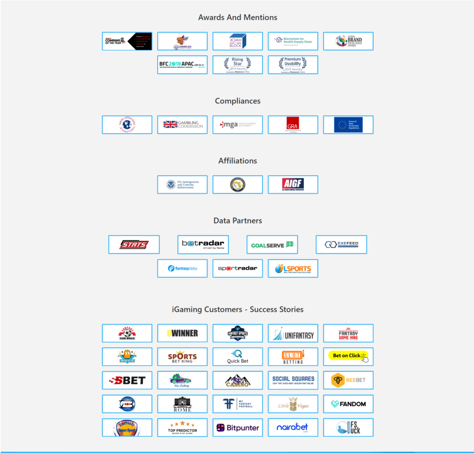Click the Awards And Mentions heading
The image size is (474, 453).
237,18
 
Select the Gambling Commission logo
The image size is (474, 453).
182,125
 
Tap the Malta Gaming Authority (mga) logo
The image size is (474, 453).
237,125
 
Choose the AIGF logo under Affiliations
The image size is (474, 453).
293,185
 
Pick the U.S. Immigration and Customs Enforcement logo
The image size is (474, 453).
182,185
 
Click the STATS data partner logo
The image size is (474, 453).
134,244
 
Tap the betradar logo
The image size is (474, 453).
203,244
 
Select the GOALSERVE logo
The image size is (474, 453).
272,244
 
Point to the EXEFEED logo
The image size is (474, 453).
341,244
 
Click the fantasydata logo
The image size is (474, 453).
182,268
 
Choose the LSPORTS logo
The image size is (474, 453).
293,268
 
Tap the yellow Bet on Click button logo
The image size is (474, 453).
348,356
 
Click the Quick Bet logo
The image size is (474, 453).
237,357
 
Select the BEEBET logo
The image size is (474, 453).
348,380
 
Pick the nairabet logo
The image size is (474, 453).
293,427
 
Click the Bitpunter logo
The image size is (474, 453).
237,427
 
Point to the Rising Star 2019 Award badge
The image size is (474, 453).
237,65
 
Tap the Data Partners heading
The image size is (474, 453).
237,221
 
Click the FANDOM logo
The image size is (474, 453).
348,404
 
